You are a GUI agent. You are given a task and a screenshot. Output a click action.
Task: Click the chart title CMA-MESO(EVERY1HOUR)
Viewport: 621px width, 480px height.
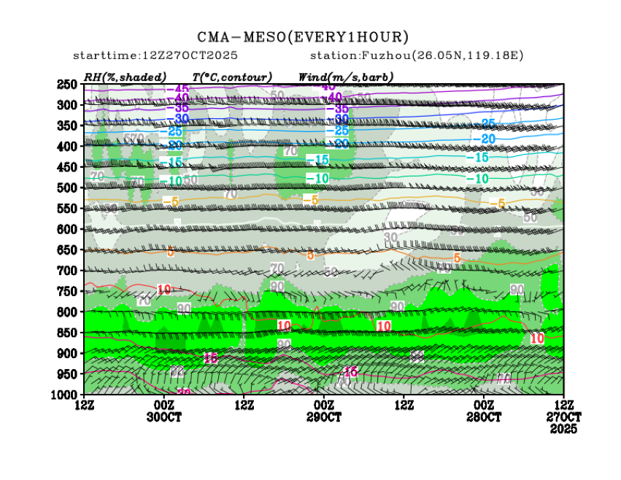pos(303,37)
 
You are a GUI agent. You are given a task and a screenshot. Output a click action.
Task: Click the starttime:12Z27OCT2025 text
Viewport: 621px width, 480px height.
pos(155,56)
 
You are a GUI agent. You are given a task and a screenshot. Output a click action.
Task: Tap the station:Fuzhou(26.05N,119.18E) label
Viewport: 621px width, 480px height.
pos(417,56)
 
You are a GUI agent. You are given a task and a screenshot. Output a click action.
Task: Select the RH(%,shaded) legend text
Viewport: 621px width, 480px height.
pos(125,77)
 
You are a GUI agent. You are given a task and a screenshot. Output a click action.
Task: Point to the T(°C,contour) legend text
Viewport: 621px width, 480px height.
pos(232,77)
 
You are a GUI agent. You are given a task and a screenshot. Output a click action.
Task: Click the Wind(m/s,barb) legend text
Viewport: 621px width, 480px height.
pos(346,77)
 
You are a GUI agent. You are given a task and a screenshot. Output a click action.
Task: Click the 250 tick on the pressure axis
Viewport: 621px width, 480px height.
pos(67,85)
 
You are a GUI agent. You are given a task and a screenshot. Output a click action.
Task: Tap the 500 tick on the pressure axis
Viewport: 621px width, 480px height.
pos(67,188)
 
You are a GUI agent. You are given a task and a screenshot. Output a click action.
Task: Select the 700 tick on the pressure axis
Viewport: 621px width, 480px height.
pos(67,271)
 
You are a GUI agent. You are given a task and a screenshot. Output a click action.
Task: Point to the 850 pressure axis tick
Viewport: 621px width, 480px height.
pos(67,333)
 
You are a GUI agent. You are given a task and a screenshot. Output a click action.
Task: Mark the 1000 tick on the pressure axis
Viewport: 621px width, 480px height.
pos(65,395)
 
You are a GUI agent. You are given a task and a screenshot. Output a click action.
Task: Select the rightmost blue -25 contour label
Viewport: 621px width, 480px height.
pos(487,124)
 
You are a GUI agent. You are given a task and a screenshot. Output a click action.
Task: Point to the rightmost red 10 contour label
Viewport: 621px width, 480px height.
pos(537,338)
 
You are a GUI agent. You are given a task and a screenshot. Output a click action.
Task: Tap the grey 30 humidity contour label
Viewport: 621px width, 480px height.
pos(391,237)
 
